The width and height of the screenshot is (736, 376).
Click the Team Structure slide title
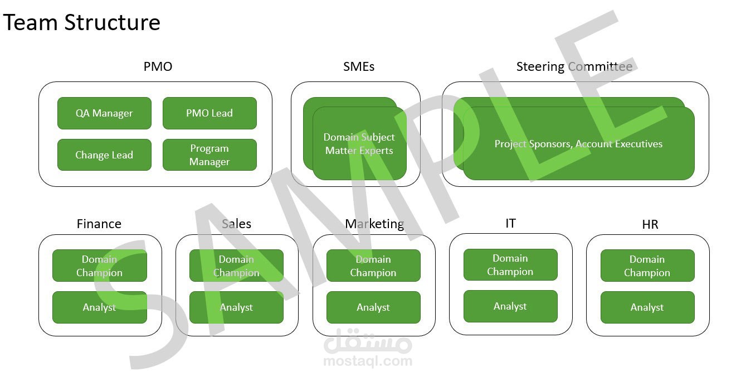coord(82,23)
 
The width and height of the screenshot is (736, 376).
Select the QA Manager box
coord(104,113)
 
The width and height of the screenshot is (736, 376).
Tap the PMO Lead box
coord(209,113)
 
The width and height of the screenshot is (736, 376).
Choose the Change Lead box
coord(104,155)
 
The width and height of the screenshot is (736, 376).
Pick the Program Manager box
coord(209,155)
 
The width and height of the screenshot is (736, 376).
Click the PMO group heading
coord(158,66)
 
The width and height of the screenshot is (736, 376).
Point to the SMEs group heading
coord(359,66)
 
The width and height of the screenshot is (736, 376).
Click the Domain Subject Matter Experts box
coord(359,144)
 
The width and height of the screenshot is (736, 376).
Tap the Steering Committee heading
coord(574,67)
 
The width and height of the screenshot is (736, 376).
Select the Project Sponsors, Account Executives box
coord(578,144)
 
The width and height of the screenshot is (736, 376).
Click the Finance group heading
coord(99,224)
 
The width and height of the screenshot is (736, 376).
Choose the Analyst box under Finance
coord(100,307)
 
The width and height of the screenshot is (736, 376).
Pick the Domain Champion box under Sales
coord(236,266)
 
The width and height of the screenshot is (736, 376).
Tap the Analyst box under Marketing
coord(373,307)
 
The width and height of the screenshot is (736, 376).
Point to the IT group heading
coord(510,223)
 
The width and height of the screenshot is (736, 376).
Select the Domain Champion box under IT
coord(510,265)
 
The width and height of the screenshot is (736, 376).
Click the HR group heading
coord(650,224)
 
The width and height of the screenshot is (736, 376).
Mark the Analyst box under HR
coord(647,307)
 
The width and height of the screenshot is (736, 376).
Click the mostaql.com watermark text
coord(368,361)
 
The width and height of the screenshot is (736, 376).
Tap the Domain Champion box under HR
coord(647,266)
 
